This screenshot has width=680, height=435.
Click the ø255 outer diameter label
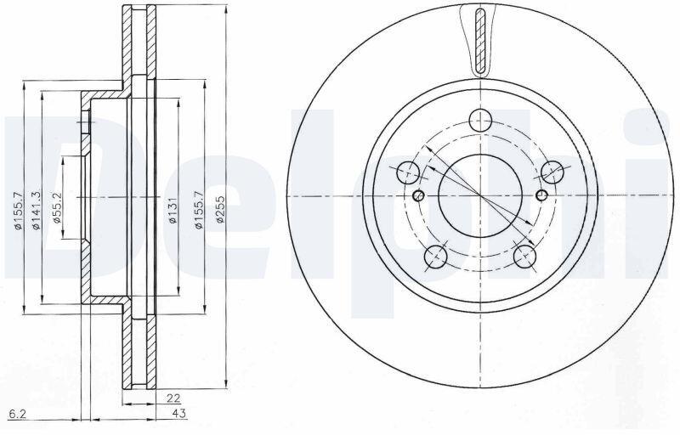click(220, 210)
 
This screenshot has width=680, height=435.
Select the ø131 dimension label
click(173, 211)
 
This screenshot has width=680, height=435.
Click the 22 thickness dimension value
click(173, 398)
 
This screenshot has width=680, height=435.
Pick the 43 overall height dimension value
click(179, 414)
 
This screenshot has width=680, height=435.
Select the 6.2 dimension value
click(18, 415)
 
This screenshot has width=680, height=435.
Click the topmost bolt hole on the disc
click(481, 121)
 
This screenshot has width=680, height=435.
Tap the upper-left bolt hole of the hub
click(408, 172)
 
